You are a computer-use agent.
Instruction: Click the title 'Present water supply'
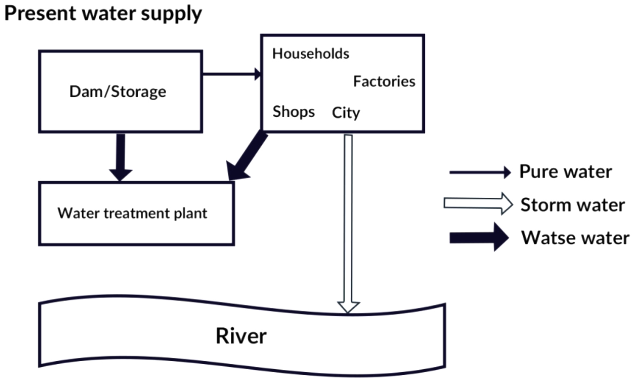click(x=103, y=14)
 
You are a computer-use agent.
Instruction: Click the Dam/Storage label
click(x=118, y=92)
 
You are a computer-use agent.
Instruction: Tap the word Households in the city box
click(x=311, y=53)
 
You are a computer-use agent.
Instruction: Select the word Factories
click(x=384, y=81)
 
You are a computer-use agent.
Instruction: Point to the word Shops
click(x=293, y=112)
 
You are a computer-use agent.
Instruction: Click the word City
click(x=346, y=113)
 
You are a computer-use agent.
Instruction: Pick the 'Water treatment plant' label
click(x=132, y=213)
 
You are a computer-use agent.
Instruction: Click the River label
click(x=241, y=336)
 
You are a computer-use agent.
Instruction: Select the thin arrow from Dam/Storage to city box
click(x=231, y=74)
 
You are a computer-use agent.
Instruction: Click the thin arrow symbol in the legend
click(x=479, y=172)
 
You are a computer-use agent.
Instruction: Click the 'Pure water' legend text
click(x=565, y=172)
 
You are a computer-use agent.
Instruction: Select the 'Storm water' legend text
click(x=573, y=205)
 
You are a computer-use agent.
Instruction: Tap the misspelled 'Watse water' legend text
click(x=575, y=238)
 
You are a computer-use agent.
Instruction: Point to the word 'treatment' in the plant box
click(x=136, y=213)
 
